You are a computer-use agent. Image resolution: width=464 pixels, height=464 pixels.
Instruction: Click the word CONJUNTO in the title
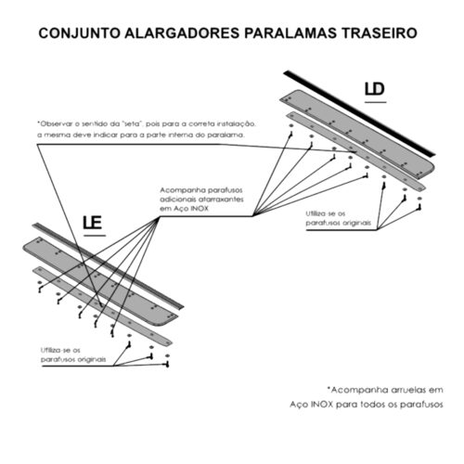tap(80, 33)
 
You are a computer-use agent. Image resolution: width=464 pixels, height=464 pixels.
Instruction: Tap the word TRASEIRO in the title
tap(380, 33)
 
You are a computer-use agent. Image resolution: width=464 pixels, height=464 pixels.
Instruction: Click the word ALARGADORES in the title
tap(182, 33)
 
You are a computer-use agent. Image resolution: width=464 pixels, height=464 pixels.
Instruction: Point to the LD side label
tap(375, 89)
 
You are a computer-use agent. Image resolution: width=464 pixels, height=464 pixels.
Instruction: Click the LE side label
tap(93, 223)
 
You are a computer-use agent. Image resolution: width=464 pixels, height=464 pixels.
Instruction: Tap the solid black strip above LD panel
tap(359, 113)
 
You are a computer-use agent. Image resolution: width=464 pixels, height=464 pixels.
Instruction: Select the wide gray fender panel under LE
tap(100, 281)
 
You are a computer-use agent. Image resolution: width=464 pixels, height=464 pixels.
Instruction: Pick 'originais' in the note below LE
tap(92, 359)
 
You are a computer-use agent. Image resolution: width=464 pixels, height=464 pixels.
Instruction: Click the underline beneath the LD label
tap(376, 102)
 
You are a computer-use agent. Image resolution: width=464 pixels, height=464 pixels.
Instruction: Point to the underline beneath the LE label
tap(95, 236)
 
